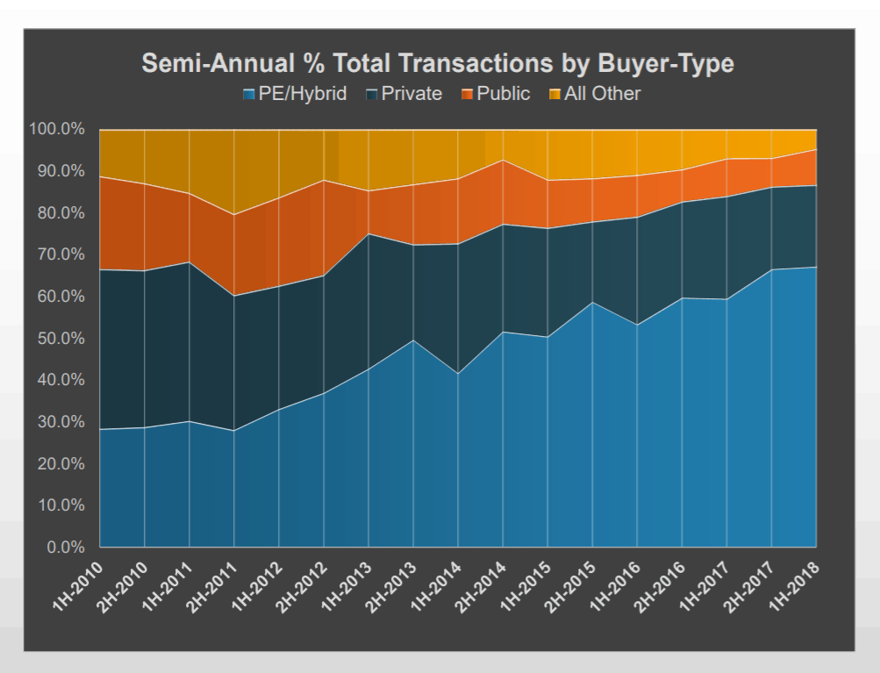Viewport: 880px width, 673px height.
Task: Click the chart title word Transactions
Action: click(443, 63)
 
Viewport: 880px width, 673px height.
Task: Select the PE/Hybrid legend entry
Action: click(295, 94)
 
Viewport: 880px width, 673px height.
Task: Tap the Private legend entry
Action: click(404, 94)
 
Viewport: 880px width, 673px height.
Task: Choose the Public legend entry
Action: click(496, 94)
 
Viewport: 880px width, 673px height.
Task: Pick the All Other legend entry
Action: click(594, 94)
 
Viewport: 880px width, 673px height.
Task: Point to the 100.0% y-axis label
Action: click(57, 129)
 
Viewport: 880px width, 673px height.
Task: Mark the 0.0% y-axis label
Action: click(66, 548)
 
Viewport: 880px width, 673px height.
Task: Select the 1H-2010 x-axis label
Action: click(78, 585)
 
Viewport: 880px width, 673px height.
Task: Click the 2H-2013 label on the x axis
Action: click(391, 586)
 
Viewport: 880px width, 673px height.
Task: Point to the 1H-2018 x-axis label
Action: click(794, 585)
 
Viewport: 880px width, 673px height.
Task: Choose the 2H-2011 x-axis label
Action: click(212, 586)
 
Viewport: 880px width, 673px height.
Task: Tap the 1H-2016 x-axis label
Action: click(615, 585)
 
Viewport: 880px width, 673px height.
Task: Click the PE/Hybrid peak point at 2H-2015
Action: click(592, 303)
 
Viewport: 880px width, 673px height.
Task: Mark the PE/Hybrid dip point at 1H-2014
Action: click(458, 373)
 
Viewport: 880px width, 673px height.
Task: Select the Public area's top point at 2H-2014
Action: click(503, 160)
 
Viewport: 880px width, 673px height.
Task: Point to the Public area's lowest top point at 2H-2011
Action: click(234, 214)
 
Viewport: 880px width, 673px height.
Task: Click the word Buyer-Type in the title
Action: click(666, 63)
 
